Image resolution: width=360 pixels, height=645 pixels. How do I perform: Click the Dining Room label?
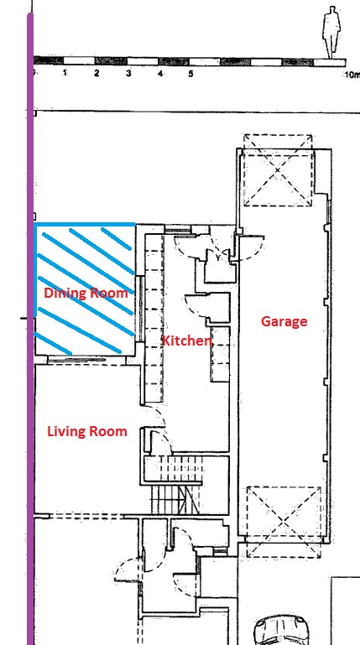[x=86, y=294]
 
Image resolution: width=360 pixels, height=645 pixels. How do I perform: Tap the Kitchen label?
[x=187, y=341]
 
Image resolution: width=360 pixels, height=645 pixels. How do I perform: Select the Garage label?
[x=284, y=321]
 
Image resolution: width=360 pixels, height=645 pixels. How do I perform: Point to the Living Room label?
[x=86, y=431]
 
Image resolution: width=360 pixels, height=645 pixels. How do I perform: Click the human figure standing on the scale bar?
[x=331, y=32]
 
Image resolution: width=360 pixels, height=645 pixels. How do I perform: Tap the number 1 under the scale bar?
[x=65, y=73]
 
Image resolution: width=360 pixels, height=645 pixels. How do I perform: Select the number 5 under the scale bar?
[x=190, y=74]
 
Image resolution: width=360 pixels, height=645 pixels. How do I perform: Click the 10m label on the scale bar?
[x=352, y=75]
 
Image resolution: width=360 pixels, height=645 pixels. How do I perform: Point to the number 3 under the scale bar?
[x=128, y=74]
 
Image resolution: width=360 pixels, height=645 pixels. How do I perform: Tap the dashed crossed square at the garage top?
[x=278, y=170]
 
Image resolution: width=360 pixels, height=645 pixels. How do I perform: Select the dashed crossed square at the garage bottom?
[x=284, y=522]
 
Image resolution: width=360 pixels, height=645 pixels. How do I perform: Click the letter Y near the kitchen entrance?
[x=217, y=258]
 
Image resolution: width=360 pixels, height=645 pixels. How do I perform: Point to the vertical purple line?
[x=30, y=329]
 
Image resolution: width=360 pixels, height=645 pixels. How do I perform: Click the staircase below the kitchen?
[x=175, y=486]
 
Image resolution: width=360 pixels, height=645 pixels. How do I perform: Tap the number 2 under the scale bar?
[x=97, y=74]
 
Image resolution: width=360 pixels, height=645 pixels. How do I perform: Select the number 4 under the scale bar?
[x=160, y=74]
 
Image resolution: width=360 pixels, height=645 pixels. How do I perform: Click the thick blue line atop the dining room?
[x=85, y=225]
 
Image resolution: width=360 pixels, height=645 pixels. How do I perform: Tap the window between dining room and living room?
[x=76, y=360]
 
